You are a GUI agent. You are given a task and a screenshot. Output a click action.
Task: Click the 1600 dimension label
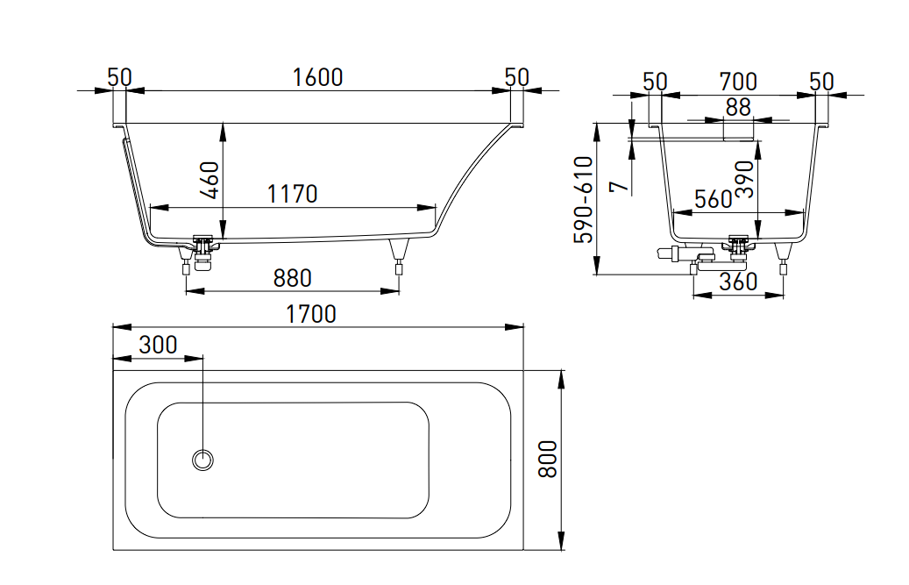tap(318, 77)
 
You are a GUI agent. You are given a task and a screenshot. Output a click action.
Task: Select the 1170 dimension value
tap(293, 194)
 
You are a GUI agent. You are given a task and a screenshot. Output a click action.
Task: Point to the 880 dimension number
tap(293, 278)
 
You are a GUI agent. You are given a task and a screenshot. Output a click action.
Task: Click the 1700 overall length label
tap(311, 313)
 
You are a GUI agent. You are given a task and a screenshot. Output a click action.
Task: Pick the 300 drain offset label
tap(158, 345)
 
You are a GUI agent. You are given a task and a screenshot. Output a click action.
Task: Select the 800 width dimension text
tap(548, 459)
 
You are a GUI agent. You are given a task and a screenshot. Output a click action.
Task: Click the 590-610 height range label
tap(583, 200)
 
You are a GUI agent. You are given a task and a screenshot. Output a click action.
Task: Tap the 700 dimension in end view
tap(738, 82)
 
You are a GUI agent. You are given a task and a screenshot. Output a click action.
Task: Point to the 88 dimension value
tap(738, 107)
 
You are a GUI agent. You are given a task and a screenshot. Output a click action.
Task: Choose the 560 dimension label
tap(713, 200)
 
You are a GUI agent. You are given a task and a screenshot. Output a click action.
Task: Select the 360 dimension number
tap(738, 282)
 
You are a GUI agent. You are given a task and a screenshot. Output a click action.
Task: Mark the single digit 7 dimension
tap(619, 186)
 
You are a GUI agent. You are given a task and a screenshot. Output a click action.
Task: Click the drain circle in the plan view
tap(203, 459)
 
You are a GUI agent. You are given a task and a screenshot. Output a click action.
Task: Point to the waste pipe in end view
tap(673, 255)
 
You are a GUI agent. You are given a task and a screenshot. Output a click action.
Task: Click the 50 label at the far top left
tap(119, 77)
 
